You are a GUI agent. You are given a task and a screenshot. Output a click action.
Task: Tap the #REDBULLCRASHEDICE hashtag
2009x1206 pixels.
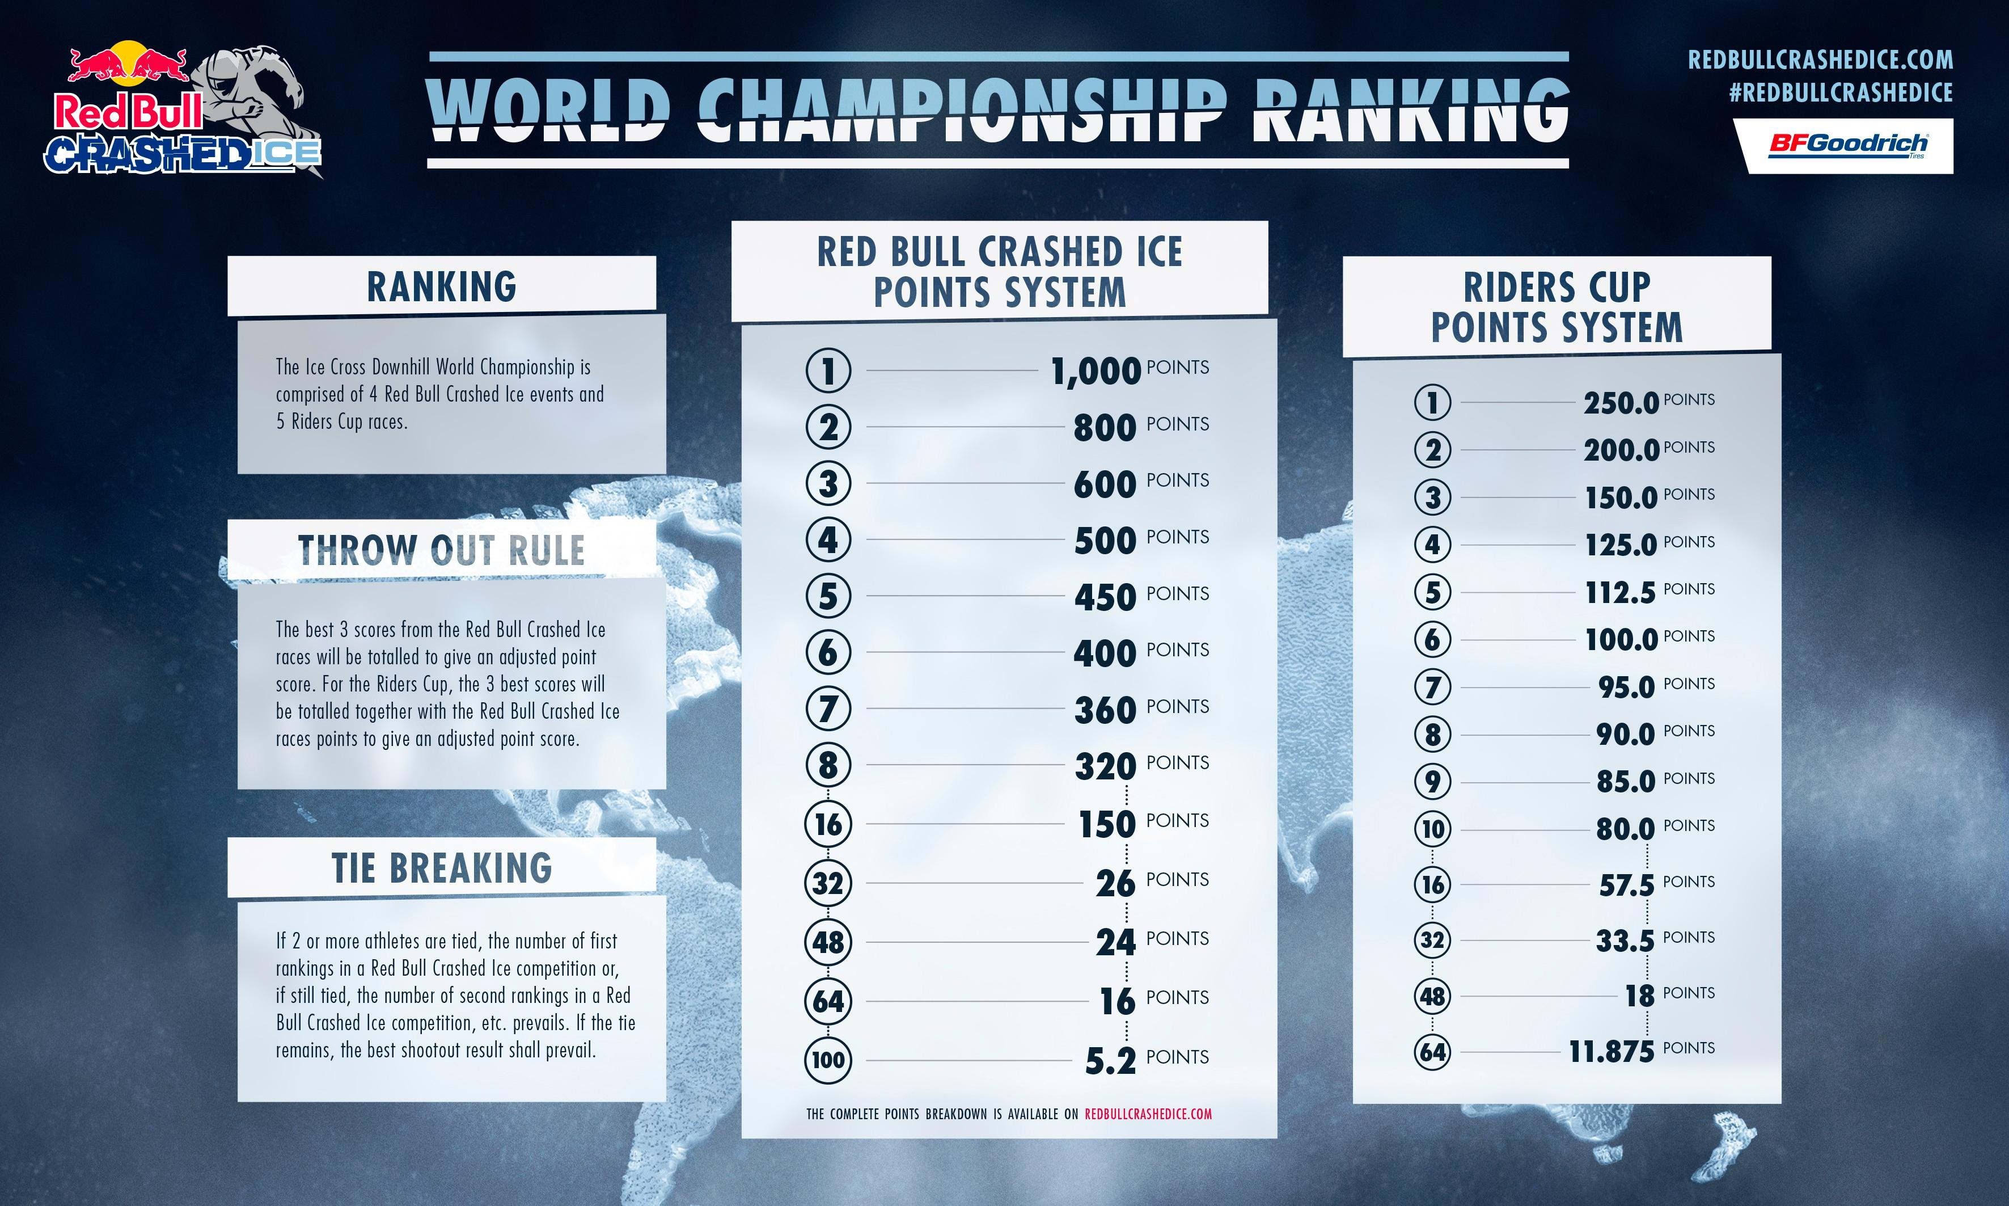click(1840, 92)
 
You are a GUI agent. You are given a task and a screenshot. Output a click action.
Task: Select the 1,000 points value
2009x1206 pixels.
click(1097, 372)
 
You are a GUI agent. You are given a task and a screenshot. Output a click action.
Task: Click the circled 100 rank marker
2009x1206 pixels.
click(828, 1060)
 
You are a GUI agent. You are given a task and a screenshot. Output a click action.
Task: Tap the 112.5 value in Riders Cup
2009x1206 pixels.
click(1620, 592)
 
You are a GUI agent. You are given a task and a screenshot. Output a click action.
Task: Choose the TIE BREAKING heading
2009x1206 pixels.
click(442, 868)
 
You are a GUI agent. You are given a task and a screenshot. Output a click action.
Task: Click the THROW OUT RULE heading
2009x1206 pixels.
click(441, 550)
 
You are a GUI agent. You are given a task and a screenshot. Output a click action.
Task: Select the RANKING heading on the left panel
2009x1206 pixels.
click(441, 287)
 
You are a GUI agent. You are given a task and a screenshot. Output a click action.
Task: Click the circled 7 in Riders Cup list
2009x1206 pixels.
click(1432, 688)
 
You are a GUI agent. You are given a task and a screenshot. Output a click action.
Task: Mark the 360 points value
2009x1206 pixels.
click(1105, 710)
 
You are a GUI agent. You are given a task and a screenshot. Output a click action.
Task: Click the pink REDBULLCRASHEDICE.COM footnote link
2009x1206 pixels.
click(1148, 1114)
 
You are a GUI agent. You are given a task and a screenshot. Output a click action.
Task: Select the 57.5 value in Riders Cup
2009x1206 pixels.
click(1626, 885)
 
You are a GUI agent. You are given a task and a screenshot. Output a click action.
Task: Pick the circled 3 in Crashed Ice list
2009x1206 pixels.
click(828, 483)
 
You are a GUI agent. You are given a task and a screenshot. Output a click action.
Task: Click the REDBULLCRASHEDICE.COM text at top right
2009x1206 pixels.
click(1820, 60)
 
